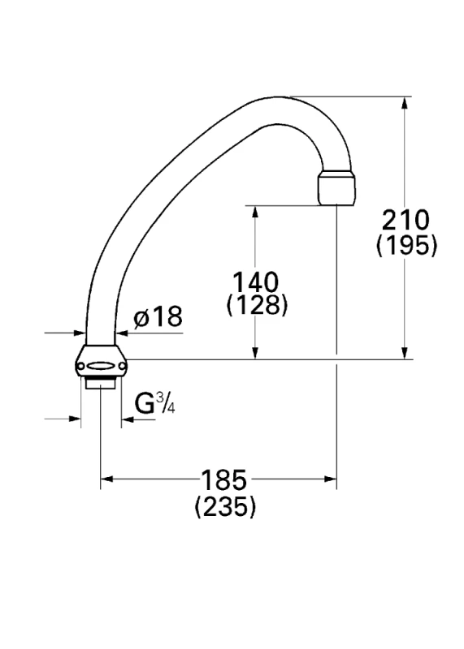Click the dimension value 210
pyautogui.click(x=405, y=220)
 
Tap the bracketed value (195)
pyautogui.click(x=407, y=246)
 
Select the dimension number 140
pyautogui.click(x=255, y=282)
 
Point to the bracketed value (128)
pyautogui.click(x=257, y=306)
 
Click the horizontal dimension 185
pyautogui.click(x=224, y=480)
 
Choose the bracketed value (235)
pyautogui.click(x=225, y=505)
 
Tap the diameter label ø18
pyautogui.click(x=158, y=317)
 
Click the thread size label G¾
pyautogui.click(x=155, y=403)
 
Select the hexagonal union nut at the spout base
pyautogui.click(x=102, y=360)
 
